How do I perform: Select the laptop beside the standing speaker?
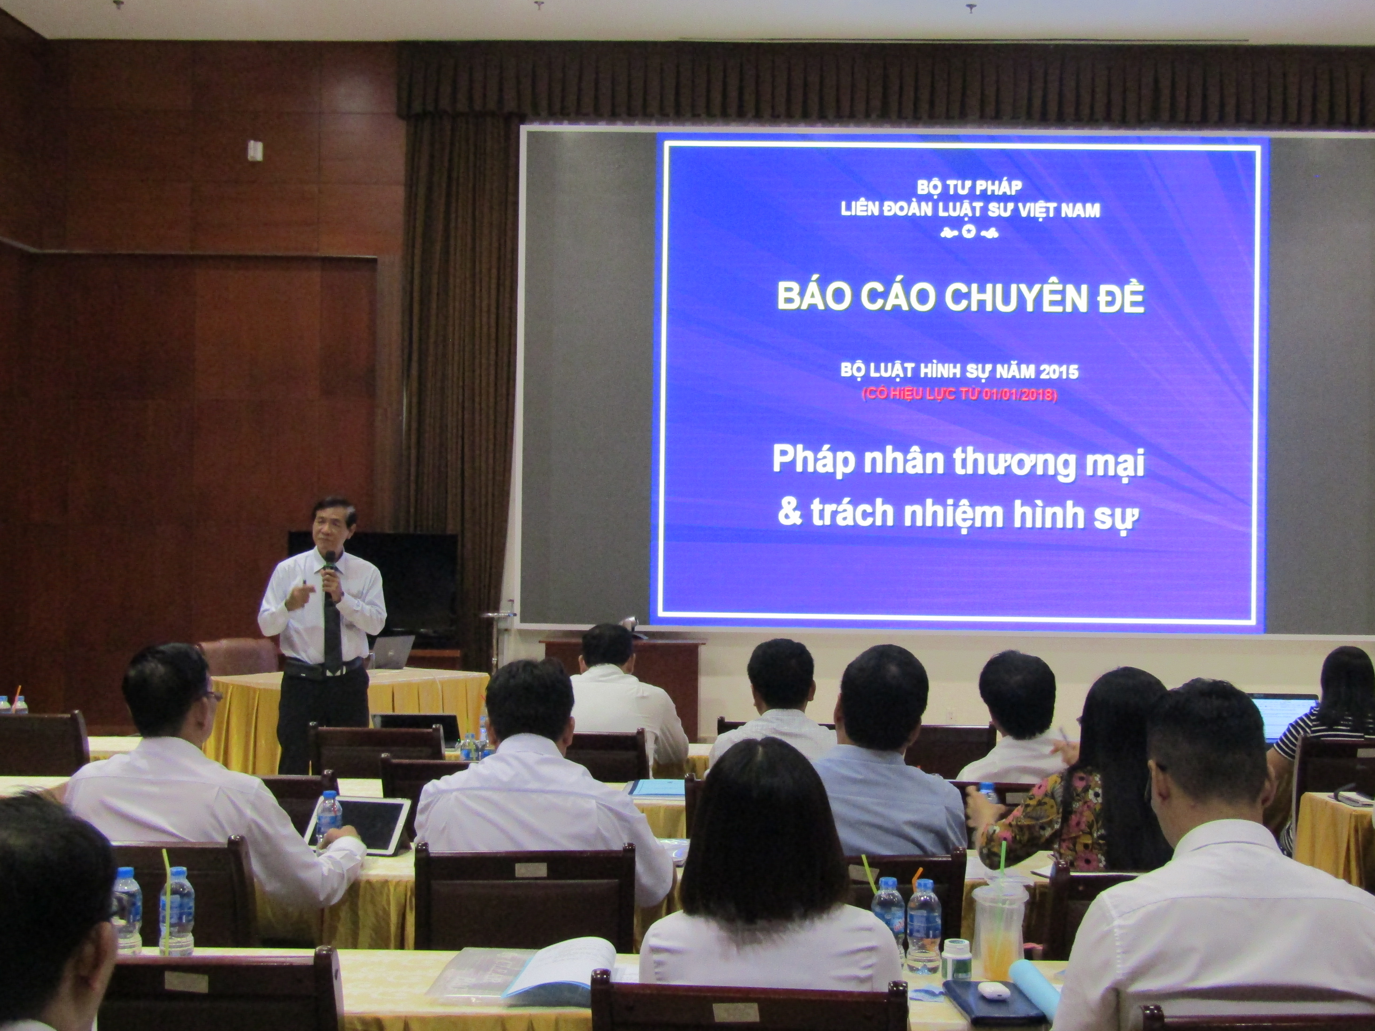pos(393,651)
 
